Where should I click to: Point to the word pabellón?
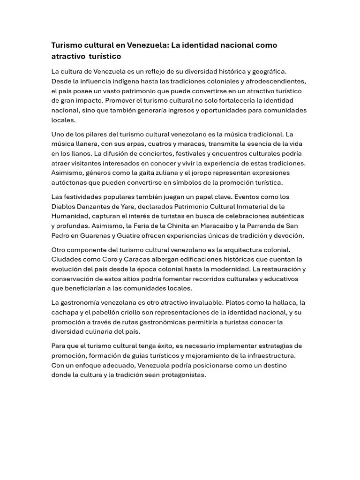tap(114, 312)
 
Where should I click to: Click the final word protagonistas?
tap(182, 375)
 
